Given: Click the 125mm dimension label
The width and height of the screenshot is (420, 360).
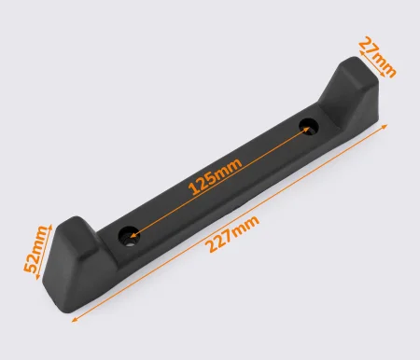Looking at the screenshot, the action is click(x=215, y=176).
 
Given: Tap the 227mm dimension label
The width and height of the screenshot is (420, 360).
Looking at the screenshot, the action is click(x=232, y=233).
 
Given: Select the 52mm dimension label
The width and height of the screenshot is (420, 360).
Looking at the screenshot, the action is click(x=35, y=249).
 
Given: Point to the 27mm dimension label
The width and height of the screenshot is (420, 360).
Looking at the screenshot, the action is click(x=377, y=57).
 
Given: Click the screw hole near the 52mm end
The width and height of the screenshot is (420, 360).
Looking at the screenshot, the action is click(x=129, y=237).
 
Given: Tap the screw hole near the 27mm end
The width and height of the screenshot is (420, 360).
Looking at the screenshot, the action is click(x=309, y=128).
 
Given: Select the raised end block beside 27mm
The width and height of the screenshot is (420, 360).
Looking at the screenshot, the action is click(x=352, y=93).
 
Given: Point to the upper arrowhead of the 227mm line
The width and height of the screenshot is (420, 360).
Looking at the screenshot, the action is click(x=385, y=126).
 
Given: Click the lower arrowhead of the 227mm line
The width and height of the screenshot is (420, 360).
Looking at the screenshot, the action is click(x=75, y=319).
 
